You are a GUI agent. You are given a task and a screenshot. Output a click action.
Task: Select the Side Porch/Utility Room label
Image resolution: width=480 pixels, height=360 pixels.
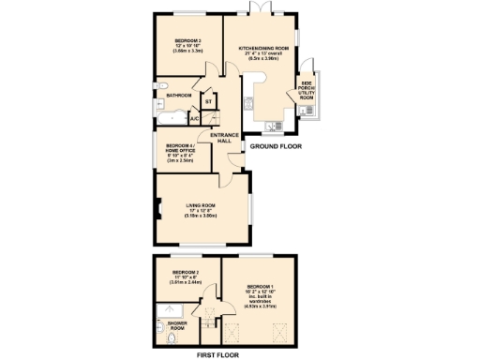(307, 91)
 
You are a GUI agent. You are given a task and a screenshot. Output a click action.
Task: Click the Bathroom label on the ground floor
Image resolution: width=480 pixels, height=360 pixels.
(178, 96)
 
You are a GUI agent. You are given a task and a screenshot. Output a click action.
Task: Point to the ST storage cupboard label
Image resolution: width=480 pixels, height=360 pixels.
(208, 100)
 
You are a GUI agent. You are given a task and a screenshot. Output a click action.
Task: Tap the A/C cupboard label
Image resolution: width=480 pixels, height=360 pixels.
(193, 119)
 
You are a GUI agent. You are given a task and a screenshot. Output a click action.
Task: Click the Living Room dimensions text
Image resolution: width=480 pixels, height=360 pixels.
(201, 216)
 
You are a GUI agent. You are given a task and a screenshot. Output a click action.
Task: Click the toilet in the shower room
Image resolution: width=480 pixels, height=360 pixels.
(159, 327)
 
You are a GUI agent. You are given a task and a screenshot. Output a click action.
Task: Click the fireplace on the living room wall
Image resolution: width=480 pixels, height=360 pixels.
(159, 212)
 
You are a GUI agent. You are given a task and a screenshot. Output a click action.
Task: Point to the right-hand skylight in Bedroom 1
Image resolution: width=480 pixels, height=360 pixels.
(277, 331)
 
